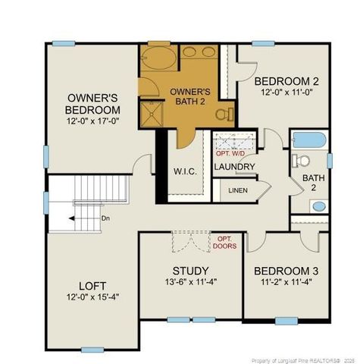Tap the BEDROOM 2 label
click(x=286, y=81)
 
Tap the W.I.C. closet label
click(x=185, y=171)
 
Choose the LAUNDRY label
click(x=234, y=167)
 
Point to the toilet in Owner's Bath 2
click(x=223, y=115)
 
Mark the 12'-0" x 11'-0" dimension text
click(x=286, y=93)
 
